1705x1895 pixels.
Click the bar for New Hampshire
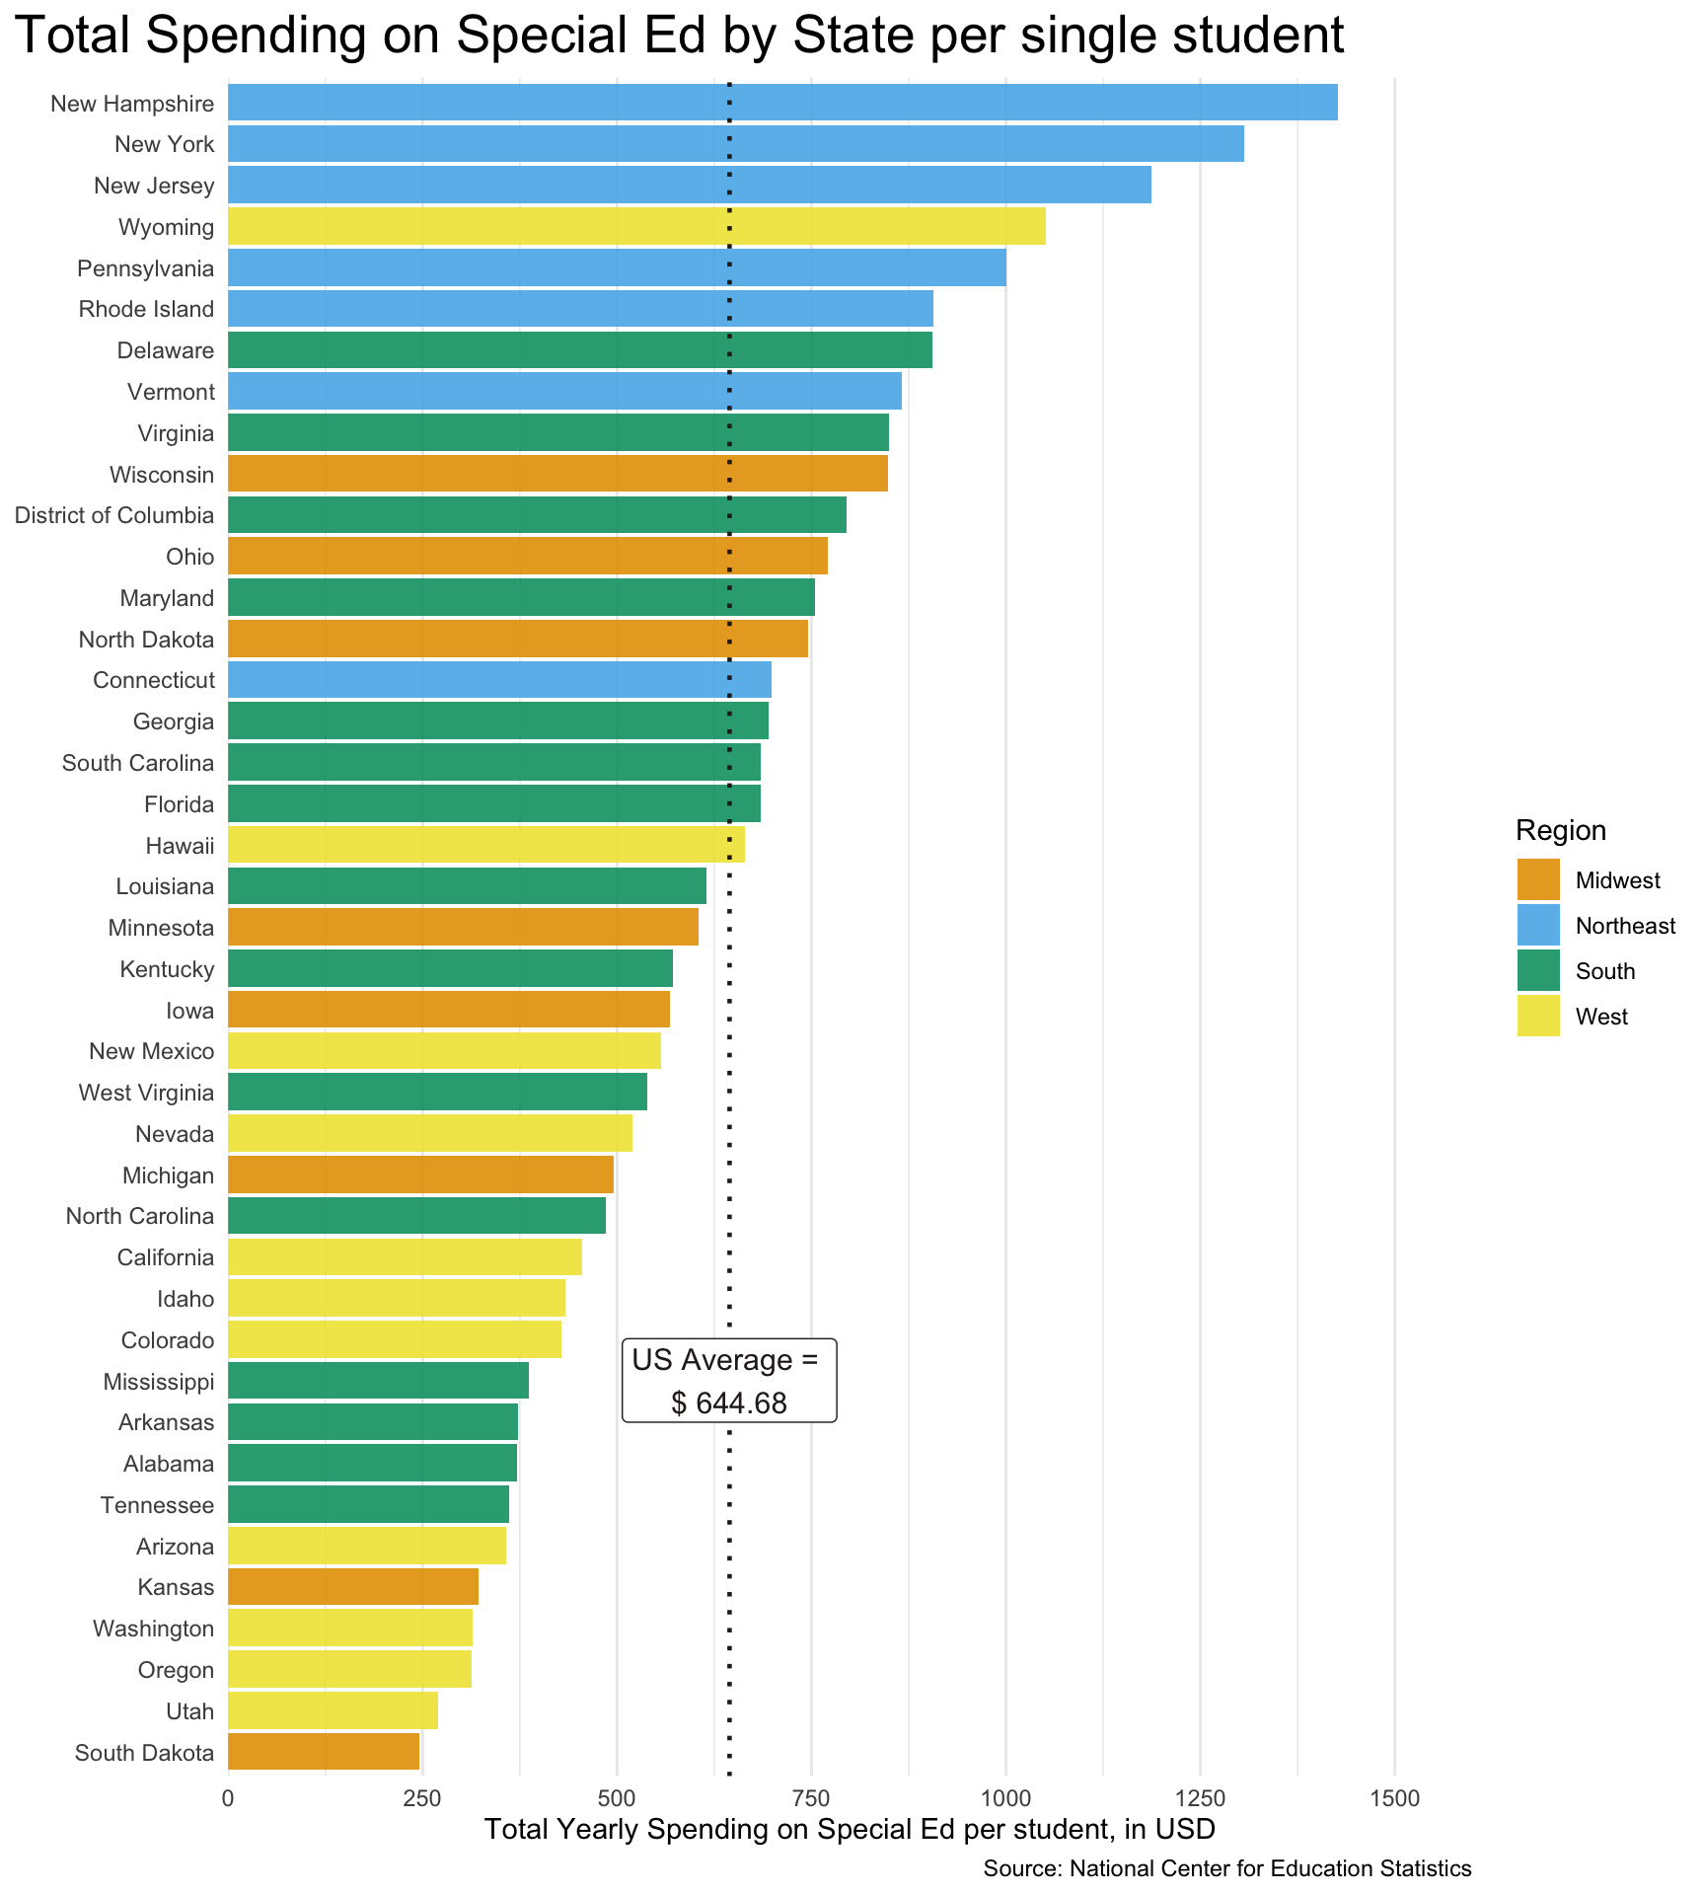782,103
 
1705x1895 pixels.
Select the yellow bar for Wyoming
636,227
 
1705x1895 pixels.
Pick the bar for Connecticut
499,680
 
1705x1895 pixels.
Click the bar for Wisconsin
557,474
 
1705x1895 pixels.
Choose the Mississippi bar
378,1381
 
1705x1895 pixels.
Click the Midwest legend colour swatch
1538,880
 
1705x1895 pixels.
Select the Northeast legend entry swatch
1538,926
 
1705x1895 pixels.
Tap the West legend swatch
1538,1017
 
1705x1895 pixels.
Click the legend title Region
1561,831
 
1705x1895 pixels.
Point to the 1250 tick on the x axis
1200,1798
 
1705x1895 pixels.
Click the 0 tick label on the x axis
228,1798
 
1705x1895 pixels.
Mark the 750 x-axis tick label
811,1798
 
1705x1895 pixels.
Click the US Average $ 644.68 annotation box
729,1381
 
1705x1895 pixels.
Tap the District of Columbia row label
114,515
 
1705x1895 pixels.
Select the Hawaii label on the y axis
180,846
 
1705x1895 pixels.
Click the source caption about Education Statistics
1226,1868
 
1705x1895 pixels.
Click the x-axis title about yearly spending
850,1829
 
